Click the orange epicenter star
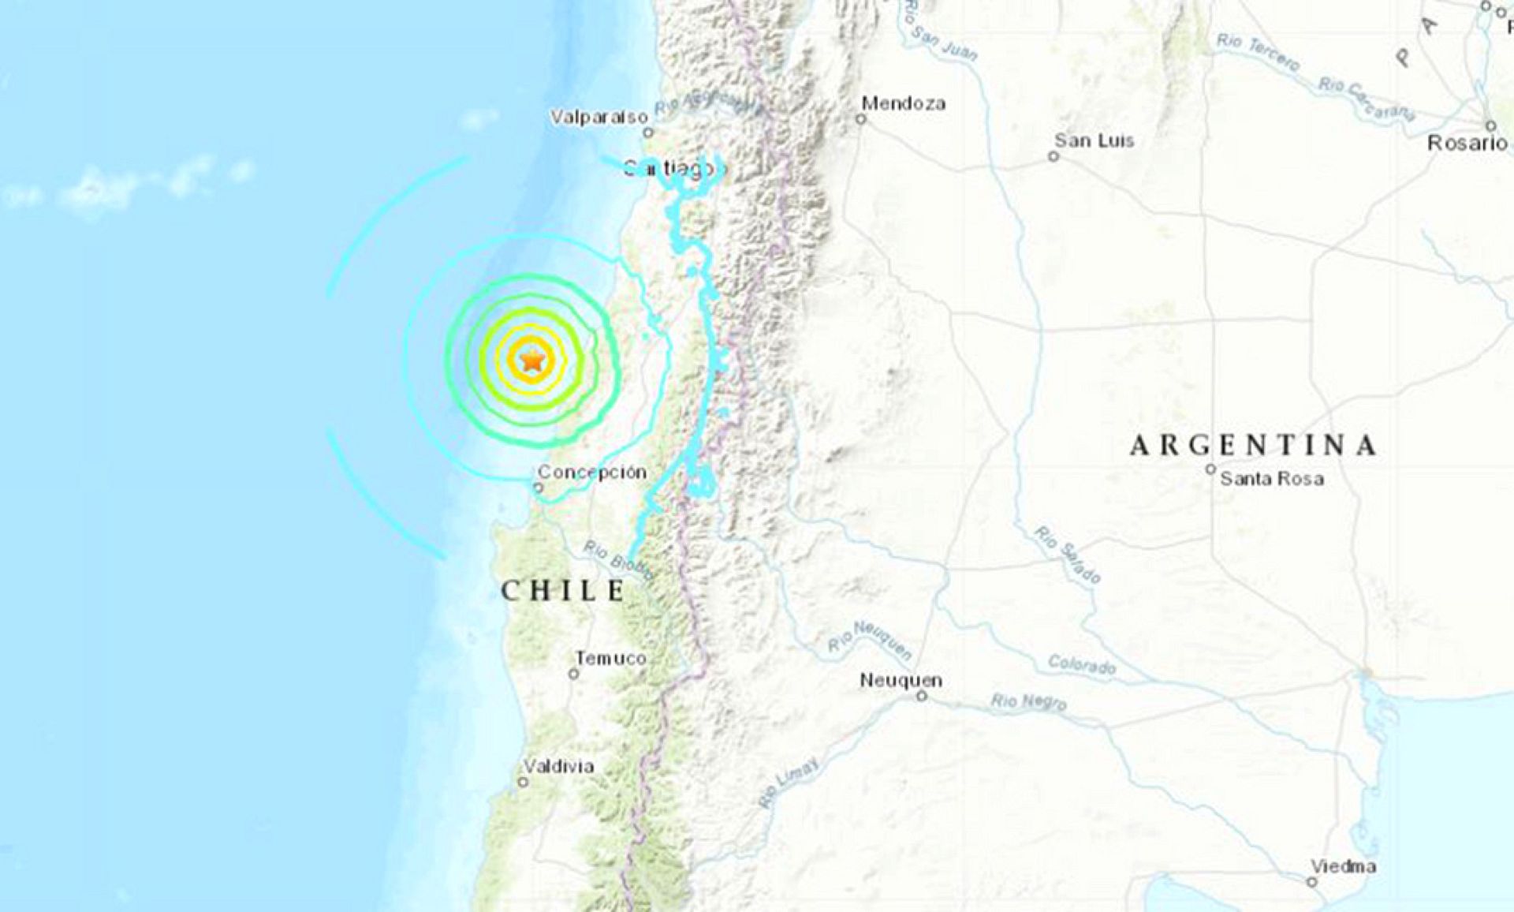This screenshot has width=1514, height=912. pos(533,361)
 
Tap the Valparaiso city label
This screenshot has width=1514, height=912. pos(599,118)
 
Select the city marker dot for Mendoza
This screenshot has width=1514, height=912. pos(861,120)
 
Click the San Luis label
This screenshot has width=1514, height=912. pos(1094,140)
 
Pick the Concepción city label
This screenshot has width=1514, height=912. pos(592,472)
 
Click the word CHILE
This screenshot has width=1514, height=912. pos(563,590)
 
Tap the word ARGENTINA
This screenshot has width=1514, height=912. pos(1254,446)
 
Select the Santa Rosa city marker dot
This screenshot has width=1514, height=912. pos(1210,469)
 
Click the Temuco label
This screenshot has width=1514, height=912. pos(610,658)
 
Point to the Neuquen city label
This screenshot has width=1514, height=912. pos(901,680)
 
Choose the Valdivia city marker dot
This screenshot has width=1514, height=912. pos(523,782)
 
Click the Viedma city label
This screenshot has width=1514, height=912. pos(1344,866)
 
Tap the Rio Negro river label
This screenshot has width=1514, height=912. pos(1028,701)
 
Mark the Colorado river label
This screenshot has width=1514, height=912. pos(1082,665)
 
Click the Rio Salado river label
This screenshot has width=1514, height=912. pos(1068,554)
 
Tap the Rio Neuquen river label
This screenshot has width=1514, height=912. pos(871,639)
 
